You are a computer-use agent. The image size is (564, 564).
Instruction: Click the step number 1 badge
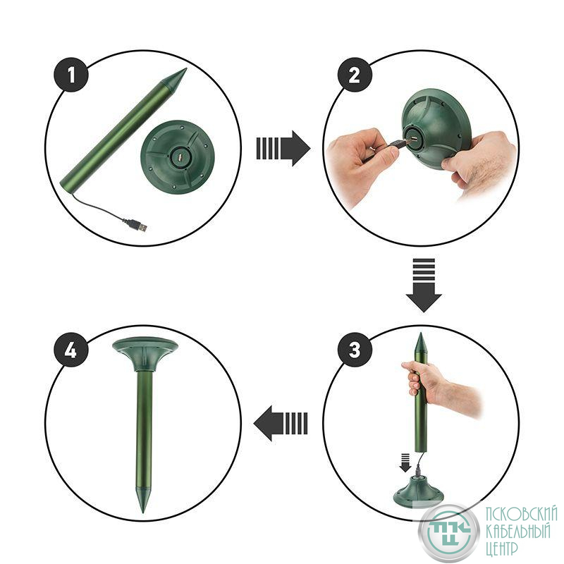click(x=71, y=75)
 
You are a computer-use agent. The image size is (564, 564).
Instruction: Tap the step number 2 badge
click(x=355, y=75)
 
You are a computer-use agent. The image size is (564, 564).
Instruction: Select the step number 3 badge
click(x=355, y=350)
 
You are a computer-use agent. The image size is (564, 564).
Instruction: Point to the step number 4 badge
click(x=71, y=350)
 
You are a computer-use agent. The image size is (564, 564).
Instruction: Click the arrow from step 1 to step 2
click(x=283, y=149)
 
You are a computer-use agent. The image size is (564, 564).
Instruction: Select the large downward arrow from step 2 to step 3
click(x=424, y=285)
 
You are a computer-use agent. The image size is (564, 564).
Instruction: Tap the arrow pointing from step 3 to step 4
click(x=281, y=424)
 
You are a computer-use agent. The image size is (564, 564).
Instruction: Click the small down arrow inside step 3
click(x=405, y=462)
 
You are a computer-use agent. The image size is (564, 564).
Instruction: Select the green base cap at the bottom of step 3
click(x=418, y=491)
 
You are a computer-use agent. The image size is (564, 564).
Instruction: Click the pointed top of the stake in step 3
click(x=419, y=333)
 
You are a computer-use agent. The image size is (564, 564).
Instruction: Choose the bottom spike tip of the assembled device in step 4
click(x=143, y=513)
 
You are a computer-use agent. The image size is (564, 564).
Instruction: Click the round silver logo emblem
click(x=448, y=533)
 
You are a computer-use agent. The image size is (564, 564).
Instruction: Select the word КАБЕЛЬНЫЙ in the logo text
click(x=518, y=532)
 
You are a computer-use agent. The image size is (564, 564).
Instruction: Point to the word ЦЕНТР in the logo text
click(x=502, y=550)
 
